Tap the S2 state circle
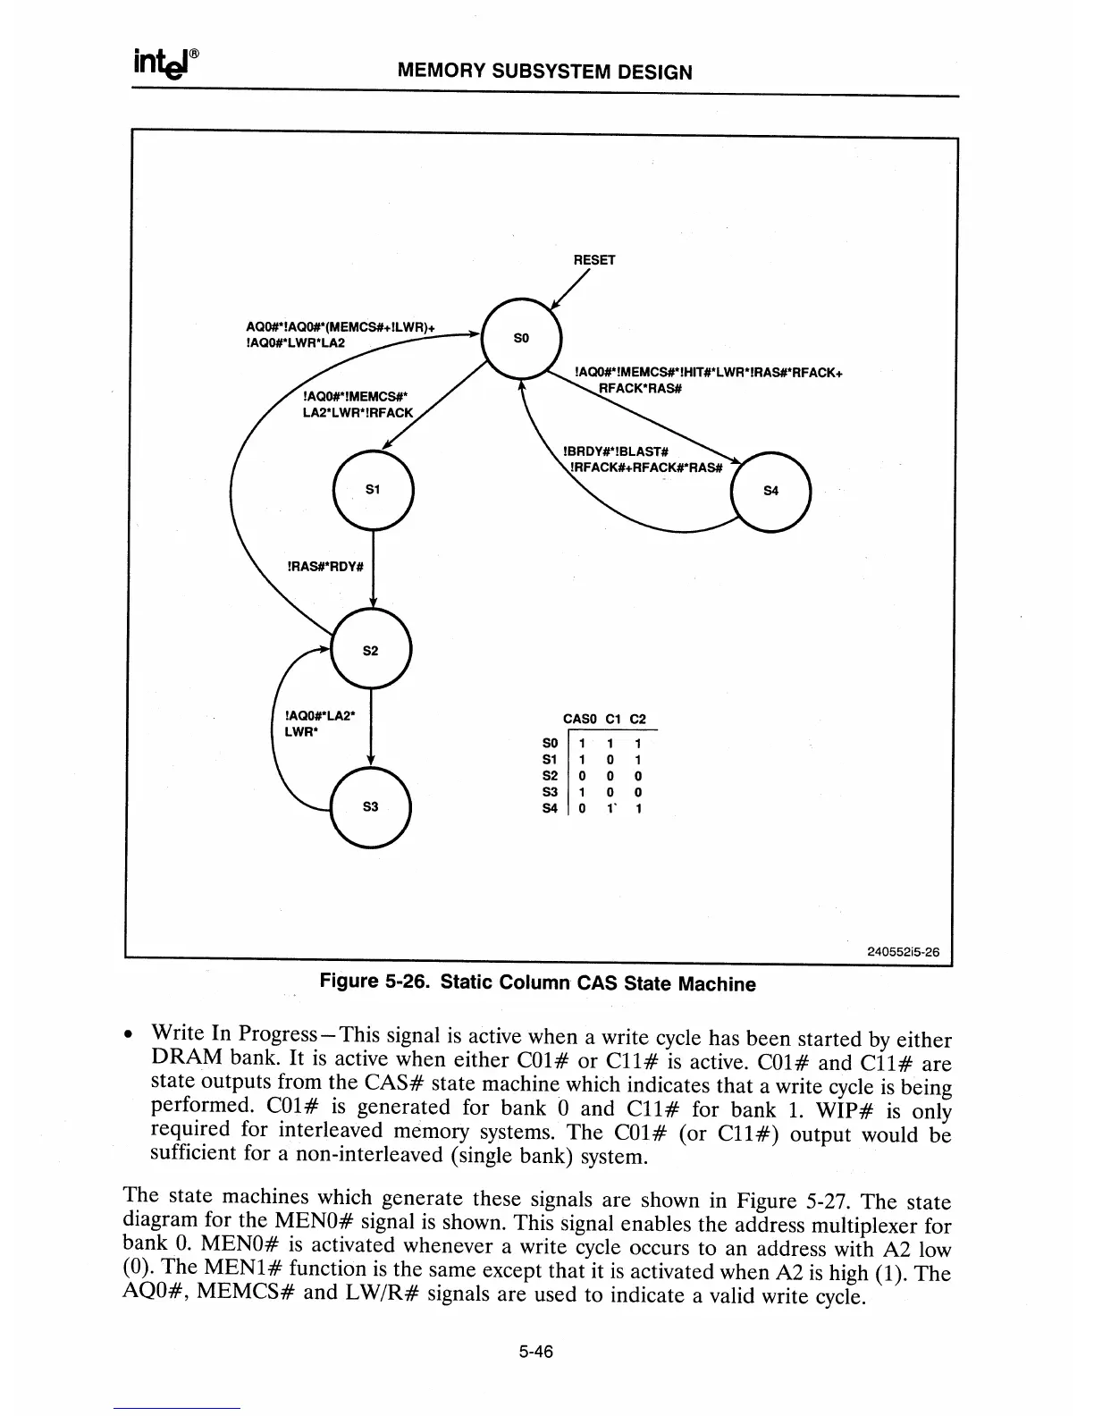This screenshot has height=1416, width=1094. click(x=371, y=650)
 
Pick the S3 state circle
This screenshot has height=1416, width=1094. click(x=371, y=805)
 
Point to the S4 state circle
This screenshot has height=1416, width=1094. click(x=770, y=491)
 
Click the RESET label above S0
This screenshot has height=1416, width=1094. click(x=594, y=260)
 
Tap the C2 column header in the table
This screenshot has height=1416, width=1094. click(x=637, y=719)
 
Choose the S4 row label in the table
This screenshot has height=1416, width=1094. click(x=551, y=808)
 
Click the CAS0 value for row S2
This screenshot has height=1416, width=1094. click(x=581, y=776)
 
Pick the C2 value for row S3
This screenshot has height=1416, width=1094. click(x=637, y=792)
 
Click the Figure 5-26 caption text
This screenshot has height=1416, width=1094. click(x=537, y=983)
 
